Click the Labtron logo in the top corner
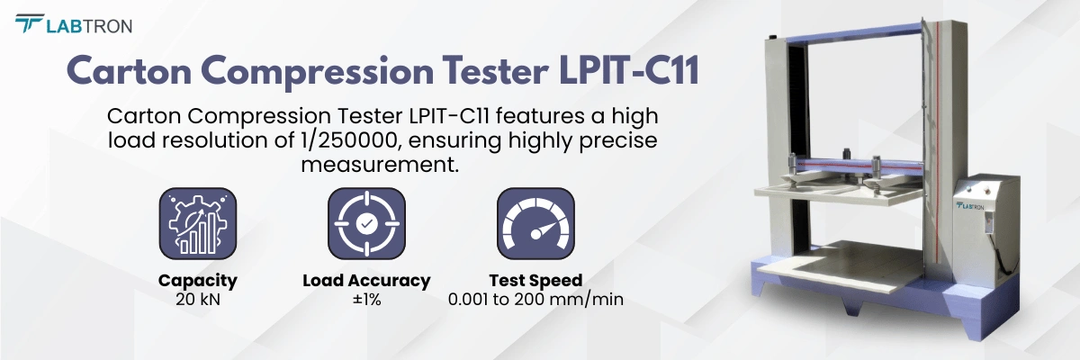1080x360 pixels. pos(74,24)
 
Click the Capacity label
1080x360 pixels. pos(197,280)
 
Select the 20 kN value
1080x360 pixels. pos(197,299)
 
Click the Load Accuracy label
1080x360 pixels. pos(366,280)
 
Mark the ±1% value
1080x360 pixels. pos(366,299)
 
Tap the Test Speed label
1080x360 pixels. pos(535,280)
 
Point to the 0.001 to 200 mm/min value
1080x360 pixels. pos(535,299)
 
